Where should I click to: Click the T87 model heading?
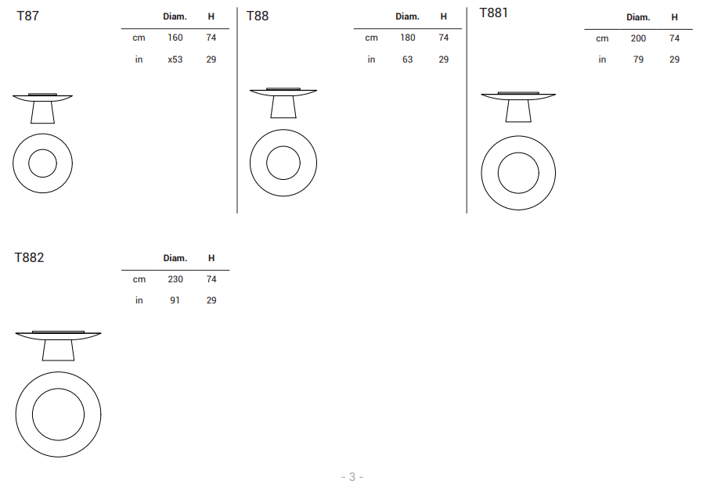pos(28,16)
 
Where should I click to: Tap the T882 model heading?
pos(29,258)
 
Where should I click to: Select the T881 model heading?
pos(494,13)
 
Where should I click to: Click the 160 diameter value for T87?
pos(175,38)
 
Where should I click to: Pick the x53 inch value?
pos(175,59)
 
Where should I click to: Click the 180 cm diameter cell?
pos(408,38)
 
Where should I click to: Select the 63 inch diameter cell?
pos(408,59)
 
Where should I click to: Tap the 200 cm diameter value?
pos(638,38)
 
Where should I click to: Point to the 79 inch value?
pos(638,59)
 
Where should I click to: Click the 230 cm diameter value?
pos(175,279)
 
